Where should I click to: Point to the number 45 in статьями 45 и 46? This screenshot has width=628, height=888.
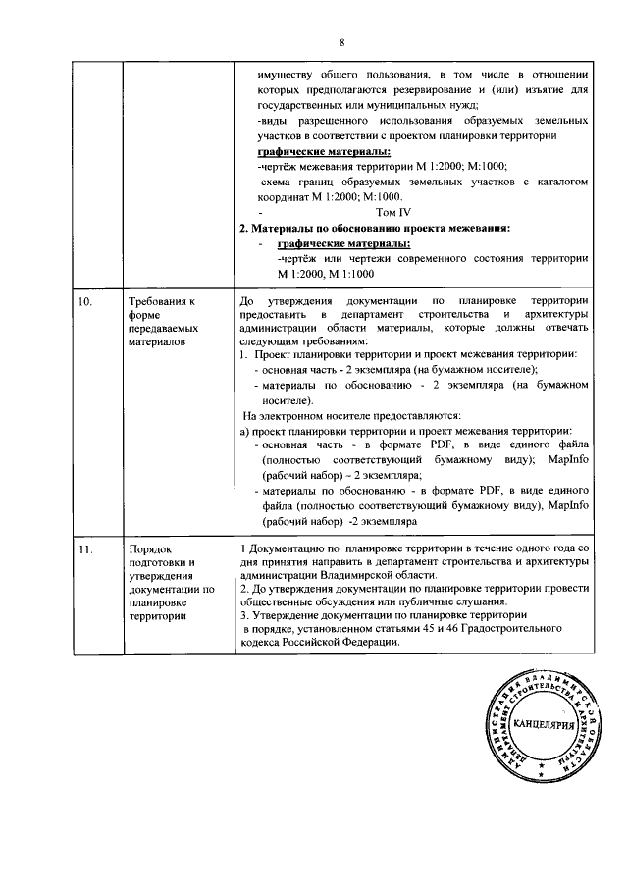click(445, 628)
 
